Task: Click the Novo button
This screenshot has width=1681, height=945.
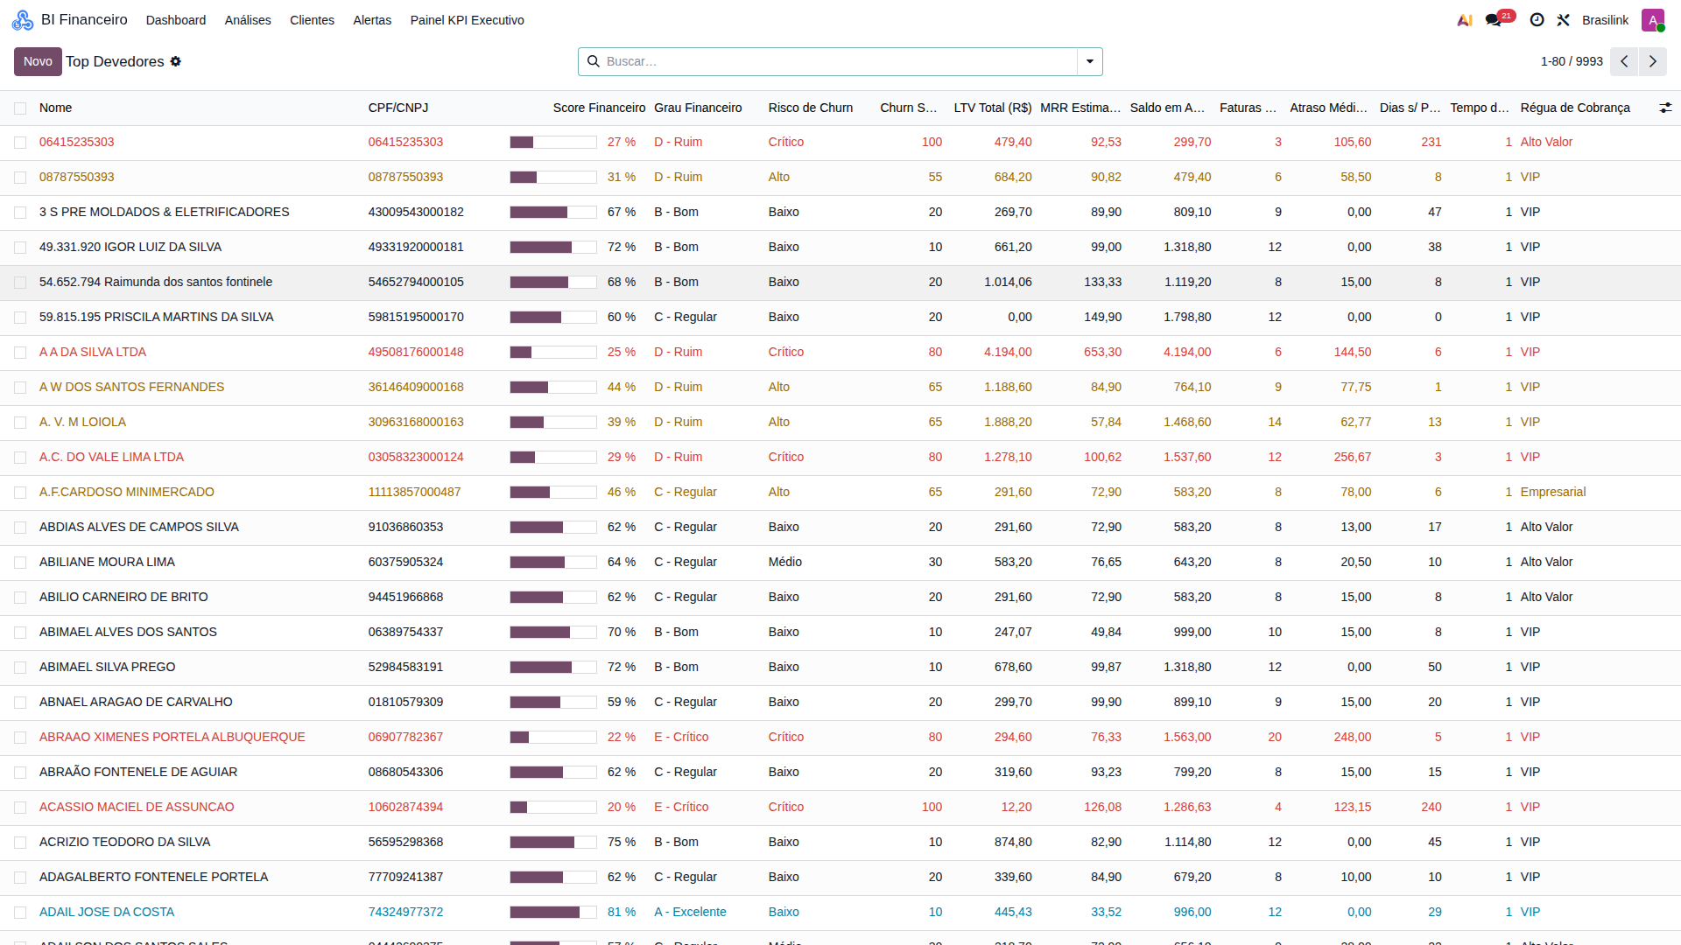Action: [x=38, y=61]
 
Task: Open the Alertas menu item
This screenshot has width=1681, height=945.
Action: [x=372, y=20]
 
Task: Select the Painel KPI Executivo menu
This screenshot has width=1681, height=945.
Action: [x=468, y=20]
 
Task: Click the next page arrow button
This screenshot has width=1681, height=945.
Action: [x=1653, y=61]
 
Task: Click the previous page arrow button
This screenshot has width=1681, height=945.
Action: [x=1624, y=61]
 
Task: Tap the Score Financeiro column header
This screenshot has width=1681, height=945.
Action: [x=599, y=108]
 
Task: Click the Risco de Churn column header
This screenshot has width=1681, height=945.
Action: [x=811, y=108]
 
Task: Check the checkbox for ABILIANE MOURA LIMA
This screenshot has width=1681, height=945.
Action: [x=20, y=563]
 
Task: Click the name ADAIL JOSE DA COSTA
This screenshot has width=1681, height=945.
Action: [x=107, y=912]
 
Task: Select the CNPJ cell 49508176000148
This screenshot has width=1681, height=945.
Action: [x=416, y=352]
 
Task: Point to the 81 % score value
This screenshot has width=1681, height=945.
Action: [x=622, y=912]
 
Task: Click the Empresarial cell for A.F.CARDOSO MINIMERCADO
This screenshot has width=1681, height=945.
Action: [x=1553, y=492]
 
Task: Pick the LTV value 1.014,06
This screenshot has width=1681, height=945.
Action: [x=1008, y=282]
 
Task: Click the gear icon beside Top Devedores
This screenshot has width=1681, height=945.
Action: [x=176, y=61]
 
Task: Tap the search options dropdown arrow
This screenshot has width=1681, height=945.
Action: [x=1090, y=61]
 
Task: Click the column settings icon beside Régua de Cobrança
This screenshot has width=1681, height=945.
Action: [x=1665, y=108]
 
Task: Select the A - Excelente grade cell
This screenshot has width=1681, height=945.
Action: [x=690, y=912]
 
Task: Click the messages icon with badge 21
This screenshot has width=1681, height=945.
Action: [x=1494, y=20]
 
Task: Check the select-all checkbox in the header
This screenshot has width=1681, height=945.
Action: [x=20, y=108]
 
